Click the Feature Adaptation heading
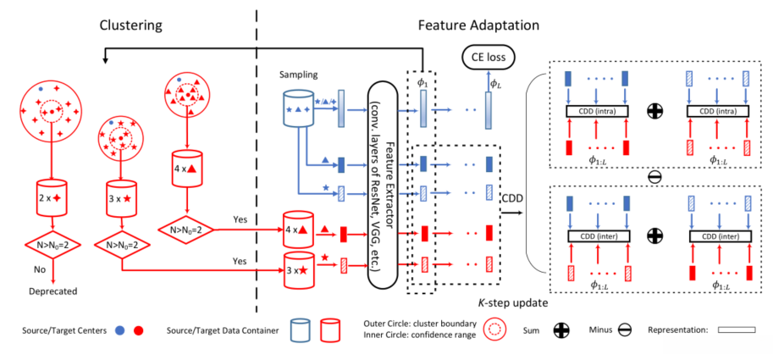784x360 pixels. point(478,25)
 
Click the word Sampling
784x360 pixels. point(299,75)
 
